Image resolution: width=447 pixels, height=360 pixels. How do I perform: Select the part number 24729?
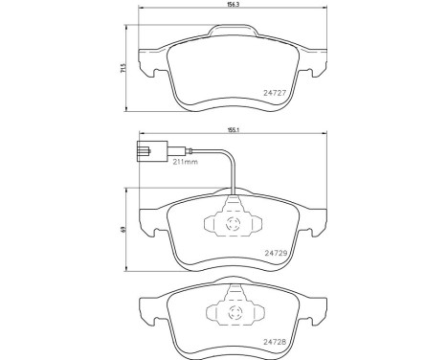coord(276,253)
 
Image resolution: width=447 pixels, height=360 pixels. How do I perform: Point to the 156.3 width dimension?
coord(231,5)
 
